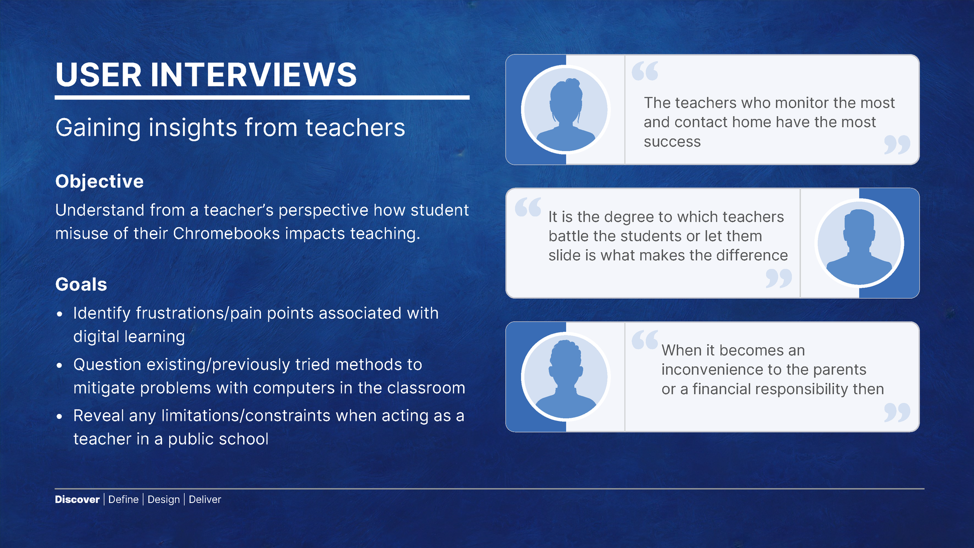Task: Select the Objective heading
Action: (100, 181)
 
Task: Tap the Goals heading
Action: (81, 284)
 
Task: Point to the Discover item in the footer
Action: (77, 499)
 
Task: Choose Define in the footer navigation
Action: (123, 499)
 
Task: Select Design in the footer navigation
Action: (164, 499)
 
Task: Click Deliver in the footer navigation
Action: (205, 499)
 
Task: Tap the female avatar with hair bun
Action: (566, 109)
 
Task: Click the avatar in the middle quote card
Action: (859, 243)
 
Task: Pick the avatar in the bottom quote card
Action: (566, 376)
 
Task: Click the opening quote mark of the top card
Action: (645, 71)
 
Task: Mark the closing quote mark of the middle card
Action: (779, 278)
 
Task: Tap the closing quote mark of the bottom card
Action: (897, 413)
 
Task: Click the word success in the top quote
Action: (672, 142)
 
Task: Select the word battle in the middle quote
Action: (569, 236)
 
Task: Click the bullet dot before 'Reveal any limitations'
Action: (60, 416)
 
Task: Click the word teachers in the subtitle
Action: (355, 128)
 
